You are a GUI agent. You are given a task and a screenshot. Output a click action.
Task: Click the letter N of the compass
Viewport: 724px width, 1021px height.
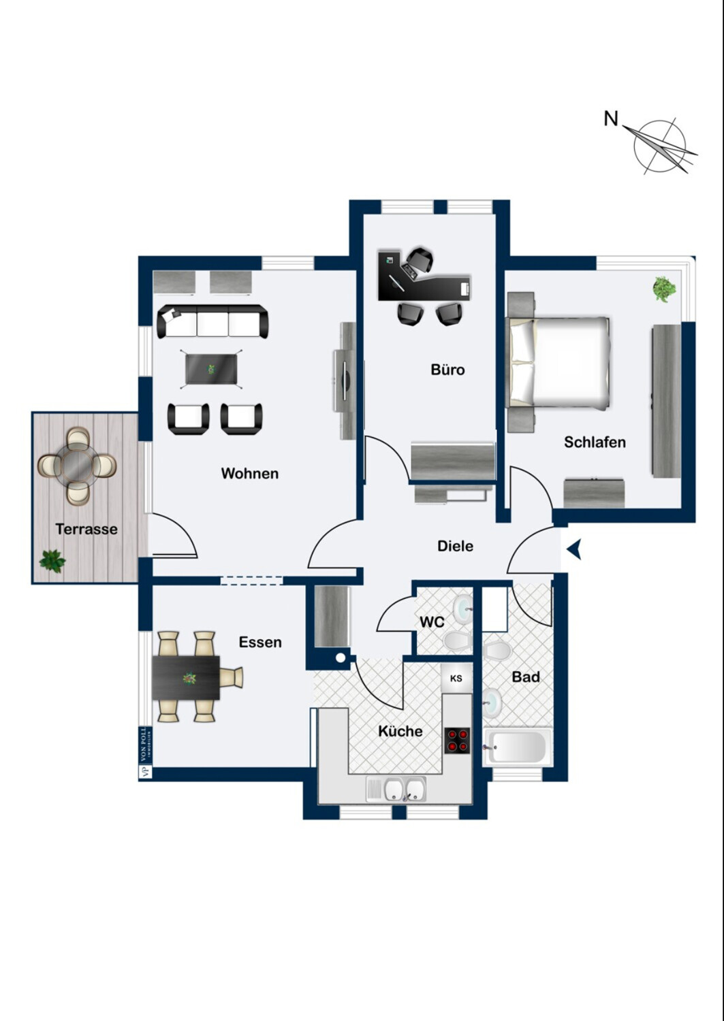click(611, 118)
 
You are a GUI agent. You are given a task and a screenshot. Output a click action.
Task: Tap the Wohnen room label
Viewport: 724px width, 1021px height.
click(249, 473)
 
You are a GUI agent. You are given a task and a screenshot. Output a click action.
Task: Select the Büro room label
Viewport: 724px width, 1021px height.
click(447, 370)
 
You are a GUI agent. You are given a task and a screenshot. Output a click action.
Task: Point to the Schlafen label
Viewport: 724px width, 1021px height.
click(595, 442)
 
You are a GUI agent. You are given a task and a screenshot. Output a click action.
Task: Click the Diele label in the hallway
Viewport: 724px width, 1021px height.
click(455, 546)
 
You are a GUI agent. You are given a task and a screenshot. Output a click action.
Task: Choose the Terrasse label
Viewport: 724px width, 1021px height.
click(86, 529)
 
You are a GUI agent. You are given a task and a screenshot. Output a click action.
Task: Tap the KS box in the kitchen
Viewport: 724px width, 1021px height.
click(456, 678)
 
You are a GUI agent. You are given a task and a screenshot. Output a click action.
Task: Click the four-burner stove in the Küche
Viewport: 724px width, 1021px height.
click(458, 741)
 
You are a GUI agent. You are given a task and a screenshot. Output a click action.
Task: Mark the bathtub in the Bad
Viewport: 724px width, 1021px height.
click(517, 747)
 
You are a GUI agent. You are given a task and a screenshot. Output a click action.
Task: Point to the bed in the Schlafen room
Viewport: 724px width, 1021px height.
click(560, 362)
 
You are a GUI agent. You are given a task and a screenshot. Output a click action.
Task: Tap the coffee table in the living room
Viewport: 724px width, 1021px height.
click(212, 370)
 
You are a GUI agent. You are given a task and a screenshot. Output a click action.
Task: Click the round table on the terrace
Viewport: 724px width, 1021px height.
click(77, 466)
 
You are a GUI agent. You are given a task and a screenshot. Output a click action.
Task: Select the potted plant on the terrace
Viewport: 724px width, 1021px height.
click(52, 561)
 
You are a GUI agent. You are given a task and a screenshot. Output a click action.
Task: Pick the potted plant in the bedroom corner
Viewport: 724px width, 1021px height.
click(664, 289)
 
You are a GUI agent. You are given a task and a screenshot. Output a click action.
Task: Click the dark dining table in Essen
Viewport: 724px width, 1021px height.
click(186, 678)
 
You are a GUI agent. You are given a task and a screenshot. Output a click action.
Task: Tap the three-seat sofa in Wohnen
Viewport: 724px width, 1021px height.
click(213, 321)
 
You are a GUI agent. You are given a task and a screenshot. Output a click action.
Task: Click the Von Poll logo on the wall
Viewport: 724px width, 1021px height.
click(144, 752)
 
